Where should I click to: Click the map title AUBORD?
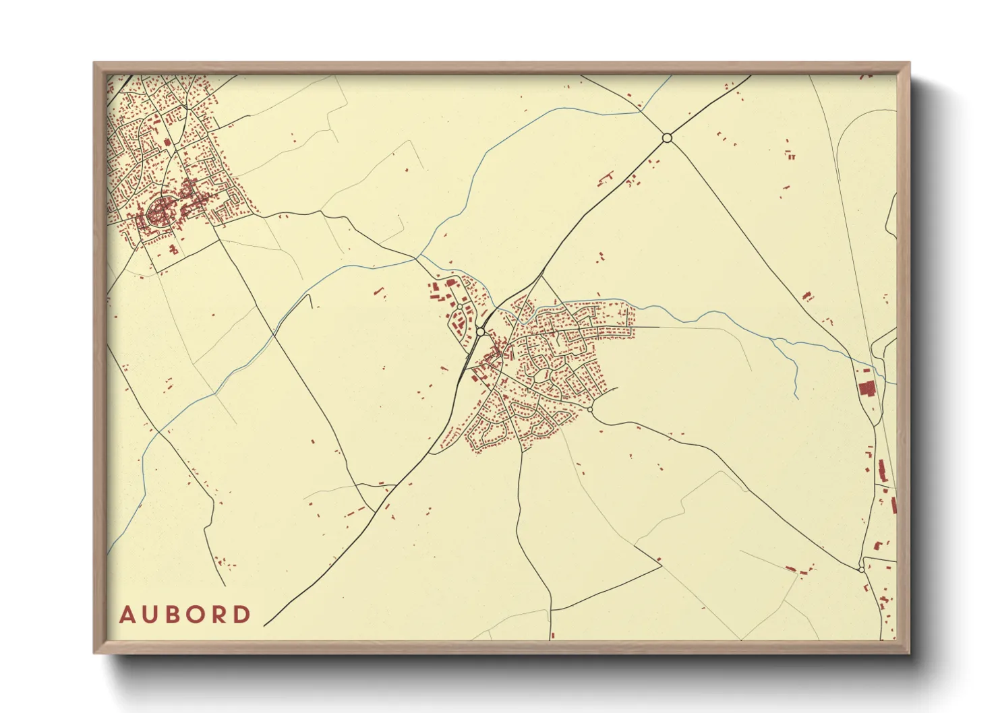185,615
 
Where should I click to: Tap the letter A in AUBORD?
127,615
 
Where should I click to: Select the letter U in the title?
150,615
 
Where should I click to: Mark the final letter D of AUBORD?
242,615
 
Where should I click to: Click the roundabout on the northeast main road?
667,137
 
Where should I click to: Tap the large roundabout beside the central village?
480,332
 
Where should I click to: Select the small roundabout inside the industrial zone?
460,307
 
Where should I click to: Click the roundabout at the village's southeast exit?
590,409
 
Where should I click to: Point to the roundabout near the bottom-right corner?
861,569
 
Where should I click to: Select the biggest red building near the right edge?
866,389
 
